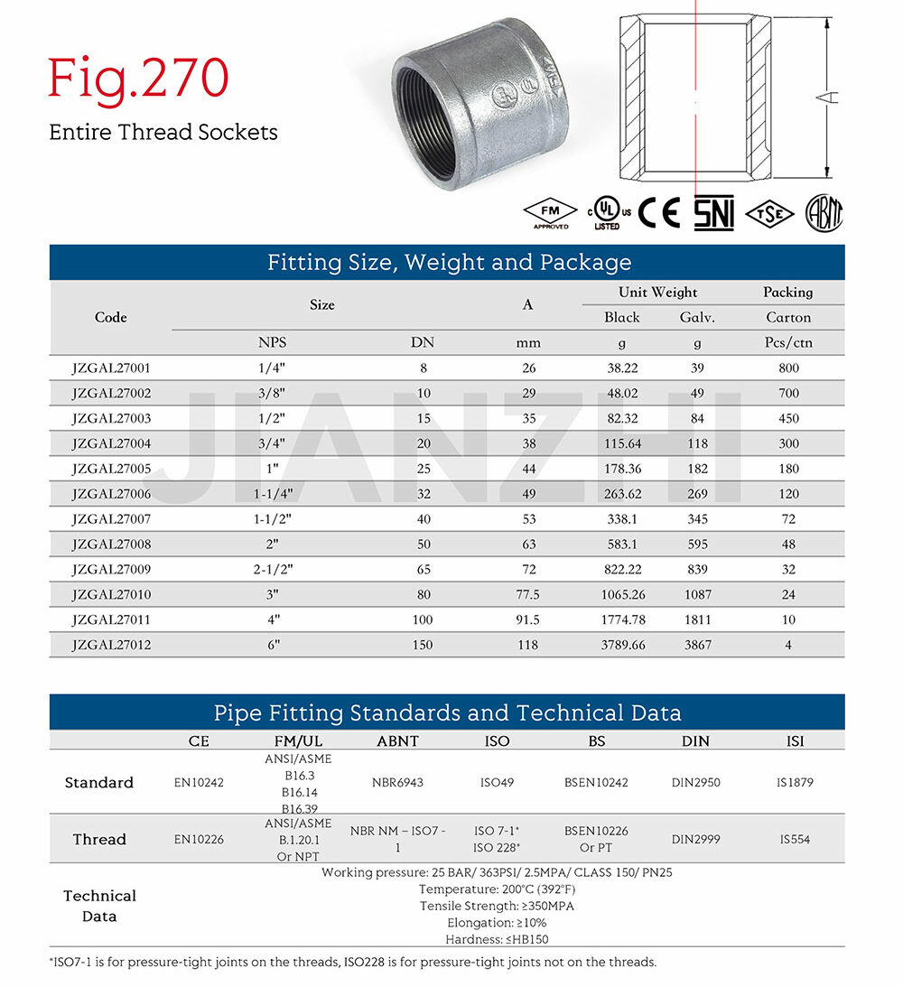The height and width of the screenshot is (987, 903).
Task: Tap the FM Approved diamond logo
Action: tap(550, 213)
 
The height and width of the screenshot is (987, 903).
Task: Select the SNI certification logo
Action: tap(713, 213)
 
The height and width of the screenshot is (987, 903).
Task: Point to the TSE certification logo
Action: tap(770, 213)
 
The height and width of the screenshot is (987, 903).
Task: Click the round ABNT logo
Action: tap(824, 213)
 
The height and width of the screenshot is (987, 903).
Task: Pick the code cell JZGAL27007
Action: tap(110, 519)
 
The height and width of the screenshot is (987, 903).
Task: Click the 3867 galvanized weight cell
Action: tap(697, 645)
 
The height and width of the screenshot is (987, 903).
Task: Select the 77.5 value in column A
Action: tap(528, 594)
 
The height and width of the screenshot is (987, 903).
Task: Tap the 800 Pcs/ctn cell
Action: tap(788, 368)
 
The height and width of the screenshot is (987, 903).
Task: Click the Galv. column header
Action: tap(697, 317)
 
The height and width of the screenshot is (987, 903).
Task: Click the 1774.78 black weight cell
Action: tap(622, 619)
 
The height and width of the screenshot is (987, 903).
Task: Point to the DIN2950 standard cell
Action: tap(695, 783)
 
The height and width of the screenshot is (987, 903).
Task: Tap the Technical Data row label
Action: tap(99, 906)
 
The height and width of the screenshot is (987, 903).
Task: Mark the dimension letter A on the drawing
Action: tap(833, 97)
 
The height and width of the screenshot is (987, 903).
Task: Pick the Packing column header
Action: tap(788, 293)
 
